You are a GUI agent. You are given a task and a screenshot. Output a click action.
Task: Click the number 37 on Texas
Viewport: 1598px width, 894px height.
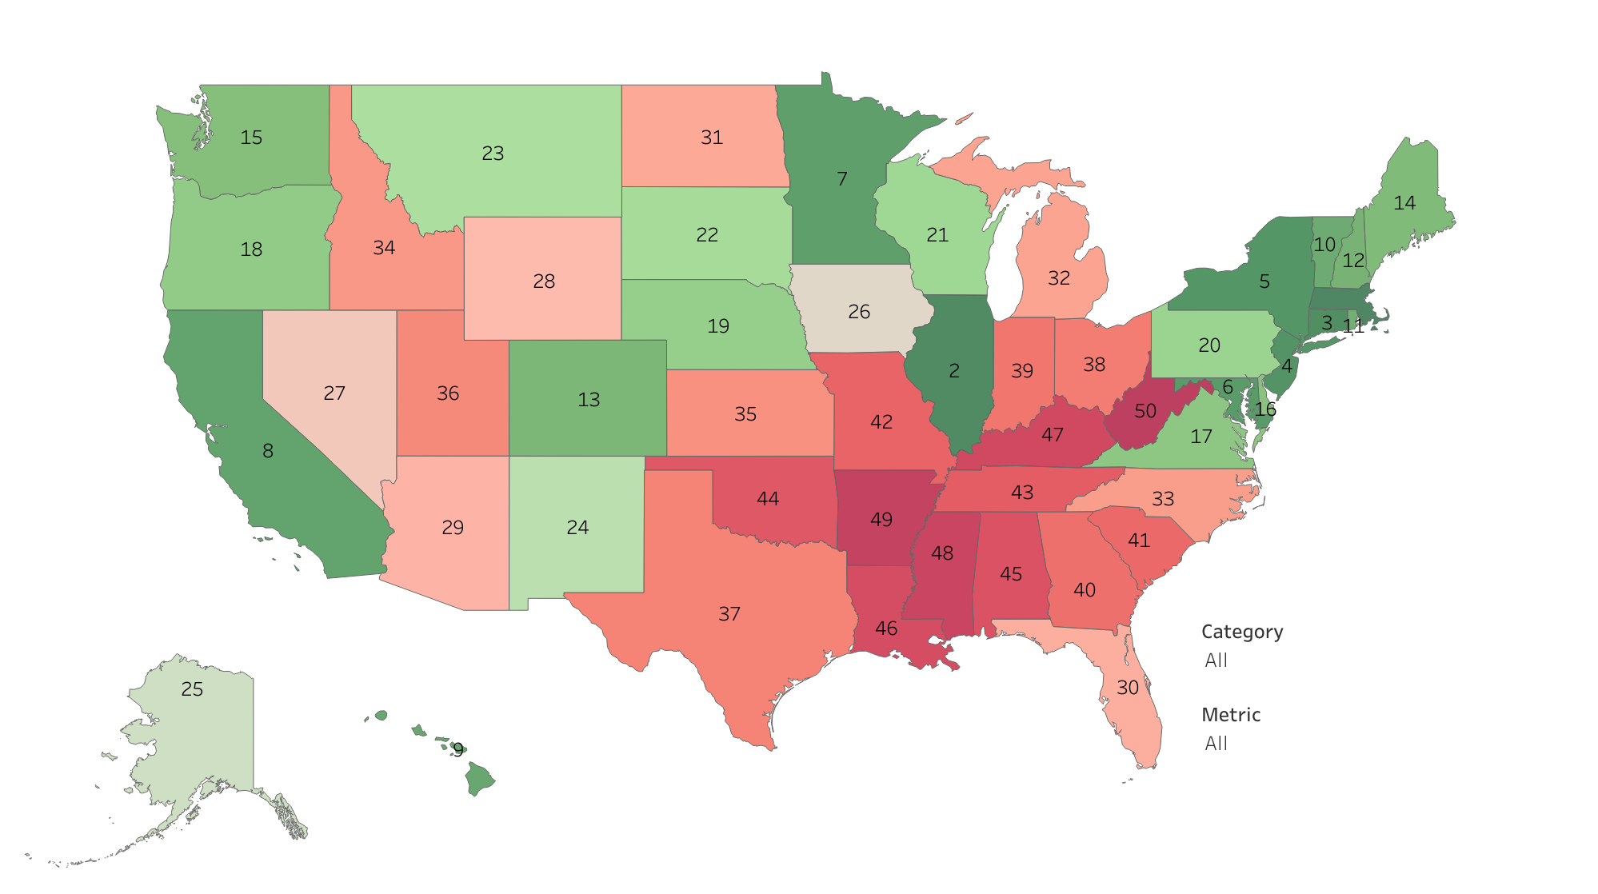coord(729,614)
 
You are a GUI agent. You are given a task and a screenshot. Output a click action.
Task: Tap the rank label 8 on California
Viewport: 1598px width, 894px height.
coord(268,451)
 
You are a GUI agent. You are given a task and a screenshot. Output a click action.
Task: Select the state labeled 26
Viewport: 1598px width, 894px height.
coord(858,312)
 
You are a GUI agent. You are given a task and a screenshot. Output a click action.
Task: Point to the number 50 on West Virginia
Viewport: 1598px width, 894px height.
coord(1145,411)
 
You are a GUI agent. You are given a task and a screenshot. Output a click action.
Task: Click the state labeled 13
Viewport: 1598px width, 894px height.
coord(589,400)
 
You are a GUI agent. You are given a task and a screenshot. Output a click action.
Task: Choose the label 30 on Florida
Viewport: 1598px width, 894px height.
coord(1127,688)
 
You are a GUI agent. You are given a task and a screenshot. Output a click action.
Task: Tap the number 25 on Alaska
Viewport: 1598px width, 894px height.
coord(192,689)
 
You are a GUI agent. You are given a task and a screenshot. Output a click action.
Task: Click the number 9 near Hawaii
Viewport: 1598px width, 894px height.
coord(457,749)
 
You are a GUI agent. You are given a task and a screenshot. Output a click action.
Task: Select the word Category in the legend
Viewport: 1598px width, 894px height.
coord(1241,632)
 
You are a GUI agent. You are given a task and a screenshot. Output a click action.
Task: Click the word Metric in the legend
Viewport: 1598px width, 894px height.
coord(1230,715)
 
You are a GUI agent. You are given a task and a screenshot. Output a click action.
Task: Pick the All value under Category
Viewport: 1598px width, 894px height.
coord(1216,661)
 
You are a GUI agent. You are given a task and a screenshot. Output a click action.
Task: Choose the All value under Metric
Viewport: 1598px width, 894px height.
coord(1216,744)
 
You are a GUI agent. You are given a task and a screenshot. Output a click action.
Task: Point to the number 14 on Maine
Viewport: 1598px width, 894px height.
coord(1404,203)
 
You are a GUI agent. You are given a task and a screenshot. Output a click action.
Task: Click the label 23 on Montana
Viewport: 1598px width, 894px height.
coord(493,154)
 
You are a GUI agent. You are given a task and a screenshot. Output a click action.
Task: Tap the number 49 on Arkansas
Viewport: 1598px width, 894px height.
coord(881,520)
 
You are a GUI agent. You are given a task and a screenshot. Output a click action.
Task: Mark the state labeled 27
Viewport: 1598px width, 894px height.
coord(334,393)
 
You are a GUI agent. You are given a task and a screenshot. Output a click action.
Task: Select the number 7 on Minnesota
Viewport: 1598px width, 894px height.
coord(841,179)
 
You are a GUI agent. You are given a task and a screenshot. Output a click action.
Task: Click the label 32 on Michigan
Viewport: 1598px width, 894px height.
coord(1058,278)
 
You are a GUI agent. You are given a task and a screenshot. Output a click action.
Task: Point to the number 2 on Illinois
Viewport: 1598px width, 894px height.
coord(953,371)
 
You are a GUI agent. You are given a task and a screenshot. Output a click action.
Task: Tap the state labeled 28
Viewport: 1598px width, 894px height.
coord(544,281)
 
